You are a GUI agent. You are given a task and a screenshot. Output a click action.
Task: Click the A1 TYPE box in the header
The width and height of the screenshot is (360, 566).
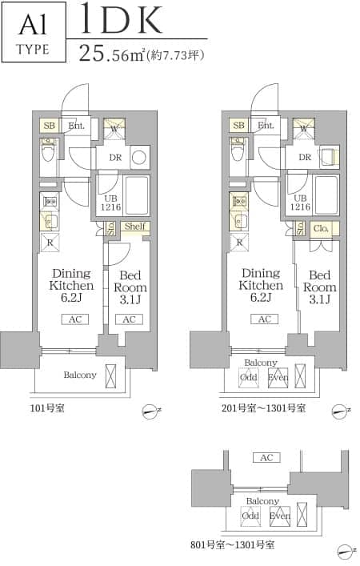point(34,32)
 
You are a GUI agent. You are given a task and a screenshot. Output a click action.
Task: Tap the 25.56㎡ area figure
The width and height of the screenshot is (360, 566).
point(112,53)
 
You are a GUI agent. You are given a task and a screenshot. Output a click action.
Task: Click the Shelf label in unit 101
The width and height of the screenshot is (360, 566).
point(135,227)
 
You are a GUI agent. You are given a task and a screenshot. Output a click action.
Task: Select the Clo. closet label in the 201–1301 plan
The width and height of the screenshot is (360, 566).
point(321,228)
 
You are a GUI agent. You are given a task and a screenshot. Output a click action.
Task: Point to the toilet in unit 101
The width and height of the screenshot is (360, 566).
point(48,151)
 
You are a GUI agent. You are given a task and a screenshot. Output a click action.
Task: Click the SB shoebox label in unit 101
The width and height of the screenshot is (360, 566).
point(50,126)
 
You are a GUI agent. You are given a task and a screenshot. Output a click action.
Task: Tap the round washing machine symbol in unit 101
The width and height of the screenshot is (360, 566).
point(139,158)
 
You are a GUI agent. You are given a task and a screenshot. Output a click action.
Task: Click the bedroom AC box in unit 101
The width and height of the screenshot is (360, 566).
point(129,319)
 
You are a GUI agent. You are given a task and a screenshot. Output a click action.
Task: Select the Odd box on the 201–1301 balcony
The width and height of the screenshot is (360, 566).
point(249,378)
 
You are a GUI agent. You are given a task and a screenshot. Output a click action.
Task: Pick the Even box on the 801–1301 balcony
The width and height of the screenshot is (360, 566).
point(279,516)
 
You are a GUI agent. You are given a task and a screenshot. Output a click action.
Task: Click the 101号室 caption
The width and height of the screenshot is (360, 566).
point(47,408)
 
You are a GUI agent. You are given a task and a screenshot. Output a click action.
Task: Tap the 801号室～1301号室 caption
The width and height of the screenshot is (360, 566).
point(232,544)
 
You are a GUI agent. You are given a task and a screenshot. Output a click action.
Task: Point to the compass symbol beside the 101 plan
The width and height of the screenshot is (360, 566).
point(150,411)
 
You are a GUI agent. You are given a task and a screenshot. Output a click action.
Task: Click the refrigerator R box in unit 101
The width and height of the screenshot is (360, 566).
point(50,243)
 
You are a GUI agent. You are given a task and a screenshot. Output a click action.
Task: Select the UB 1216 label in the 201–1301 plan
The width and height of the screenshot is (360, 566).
point(300,203)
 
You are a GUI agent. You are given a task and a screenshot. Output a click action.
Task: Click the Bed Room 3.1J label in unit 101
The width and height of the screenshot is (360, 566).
point(130,287)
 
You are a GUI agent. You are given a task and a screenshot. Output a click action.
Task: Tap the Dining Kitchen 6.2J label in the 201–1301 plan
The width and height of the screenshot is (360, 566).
point(261,285)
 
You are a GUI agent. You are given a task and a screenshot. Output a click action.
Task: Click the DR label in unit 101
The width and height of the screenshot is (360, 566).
point(115,158)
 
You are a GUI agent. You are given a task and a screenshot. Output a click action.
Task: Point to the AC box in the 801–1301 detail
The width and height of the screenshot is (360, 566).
point(266,458)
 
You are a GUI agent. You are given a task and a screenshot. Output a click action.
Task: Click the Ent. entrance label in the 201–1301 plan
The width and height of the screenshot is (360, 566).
point(266,125)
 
